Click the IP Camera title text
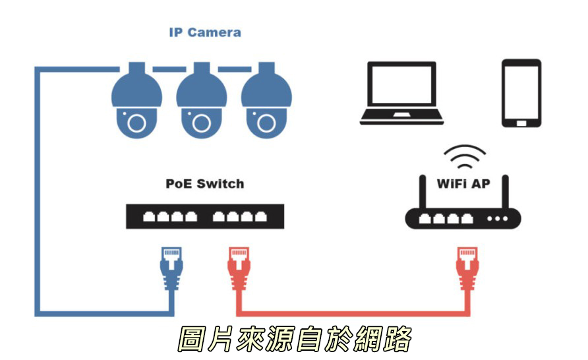tap(205, 32)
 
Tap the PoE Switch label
tap(205, 184)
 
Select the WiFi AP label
tap(463, 184)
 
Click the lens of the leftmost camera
tap(136, 123)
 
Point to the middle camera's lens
tap(201, 123)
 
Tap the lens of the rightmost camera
tap(266, 123)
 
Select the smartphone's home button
tap(521, 123)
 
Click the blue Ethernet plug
tap(171, 268)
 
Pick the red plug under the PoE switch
tap(239, 268)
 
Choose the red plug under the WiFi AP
tap(467, 268)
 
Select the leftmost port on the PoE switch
tap(149, 216)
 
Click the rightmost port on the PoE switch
tap(260, 216)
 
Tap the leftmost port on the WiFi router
tap(425, 218)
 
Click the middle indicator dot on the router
tap(497, 219)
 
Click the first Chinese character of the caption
tap(192, 339)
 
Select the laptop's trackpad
tap(401, 114)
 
